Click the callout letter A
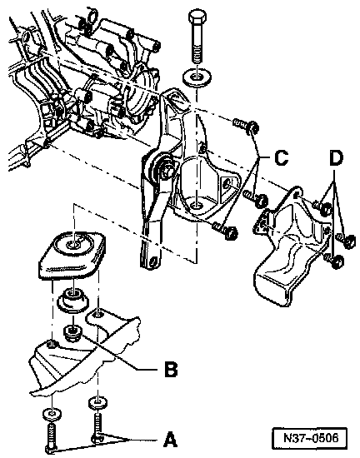[170, 440]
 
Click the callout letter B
[171, 369]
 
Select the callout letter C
[282, 158]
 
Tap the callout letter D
[336, 158]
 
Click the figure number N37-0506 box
[311, 438]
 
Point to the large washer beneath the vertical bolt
[197, 77]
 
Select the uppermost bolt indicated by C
[246, 125]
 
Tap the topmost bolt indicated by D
[322, 207]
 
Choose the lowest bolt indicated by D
[334, 260]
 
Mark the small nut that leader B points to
[72, 332]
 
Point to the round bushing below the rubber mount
[72, 301]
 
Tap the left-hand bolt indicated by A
[51, 437]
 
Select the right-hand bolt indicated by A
[97, 424]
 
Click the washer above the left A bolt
[52, 414]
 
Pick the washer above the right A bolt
[97, 401]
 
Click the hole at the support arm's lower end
[153, 261]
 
